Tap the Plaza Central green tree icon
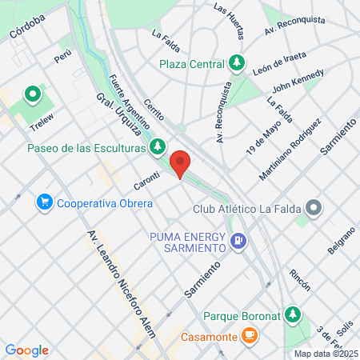(x=236, y=62)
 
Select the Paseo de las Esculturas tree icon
(x=158, y=146)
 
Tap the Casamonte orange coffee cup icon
(x=250, y=334)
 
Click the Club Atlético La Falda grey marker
(x=314, y=209)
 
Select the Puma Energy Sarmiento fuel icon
(x=238, y=240)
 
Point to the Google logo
(x=26, y=350)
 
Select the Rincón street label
(x=300, y=279)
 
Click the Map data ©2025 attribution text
(x=326, y=354)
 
